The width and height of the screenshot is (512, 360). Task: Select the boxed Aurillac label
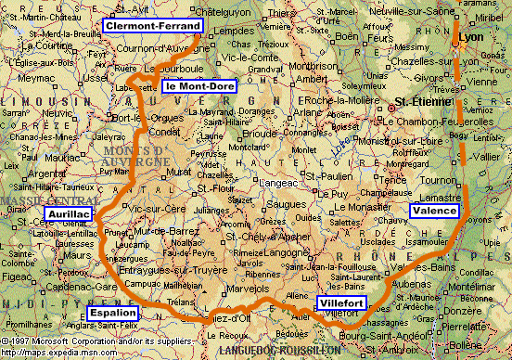pos(68,215)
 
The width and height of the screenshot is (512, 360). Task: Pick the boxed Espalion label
pos(112,313)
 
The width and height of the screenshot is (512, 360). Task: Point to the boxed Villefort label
pos(341,303)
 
